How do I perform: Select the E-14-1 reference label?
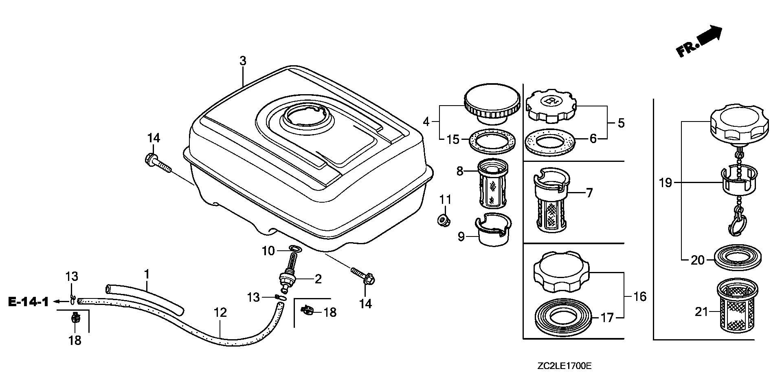click(x=28, y=302)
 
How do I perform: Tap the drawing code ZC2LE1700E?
click(x=564, y=366)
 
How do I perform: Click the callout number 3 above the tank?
click(x=243, y=62)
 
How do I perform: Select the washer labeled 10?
click(x=295, y=249)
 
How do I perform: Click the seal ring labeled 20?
click(x=738, y=259)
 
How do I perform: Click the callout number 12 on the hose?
click(x=220, y=313)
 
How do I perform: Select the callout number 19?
click(x=666, y=183)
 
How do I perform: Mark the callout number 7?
click(x=589, y=193)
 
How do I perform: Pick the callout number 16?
click(x=640, y=296)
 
